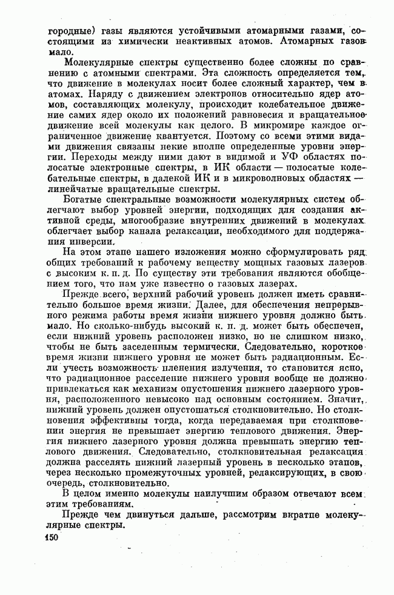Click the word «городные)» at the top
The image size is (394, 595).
coord(57,30)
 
